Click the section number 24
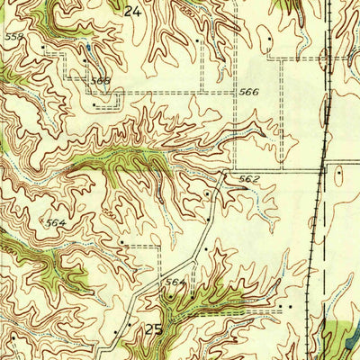[134, 12]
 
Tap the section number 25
[154, 329]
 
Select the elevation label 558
[13, 37]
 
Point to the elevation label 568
[100, 81]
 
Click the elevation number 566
[248, 92]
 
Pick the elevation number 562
[248, 179]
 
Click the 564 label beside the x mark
[56, 224]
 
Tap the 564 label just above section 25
[174, 283]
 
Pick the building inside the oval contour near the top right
[269, 41]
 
